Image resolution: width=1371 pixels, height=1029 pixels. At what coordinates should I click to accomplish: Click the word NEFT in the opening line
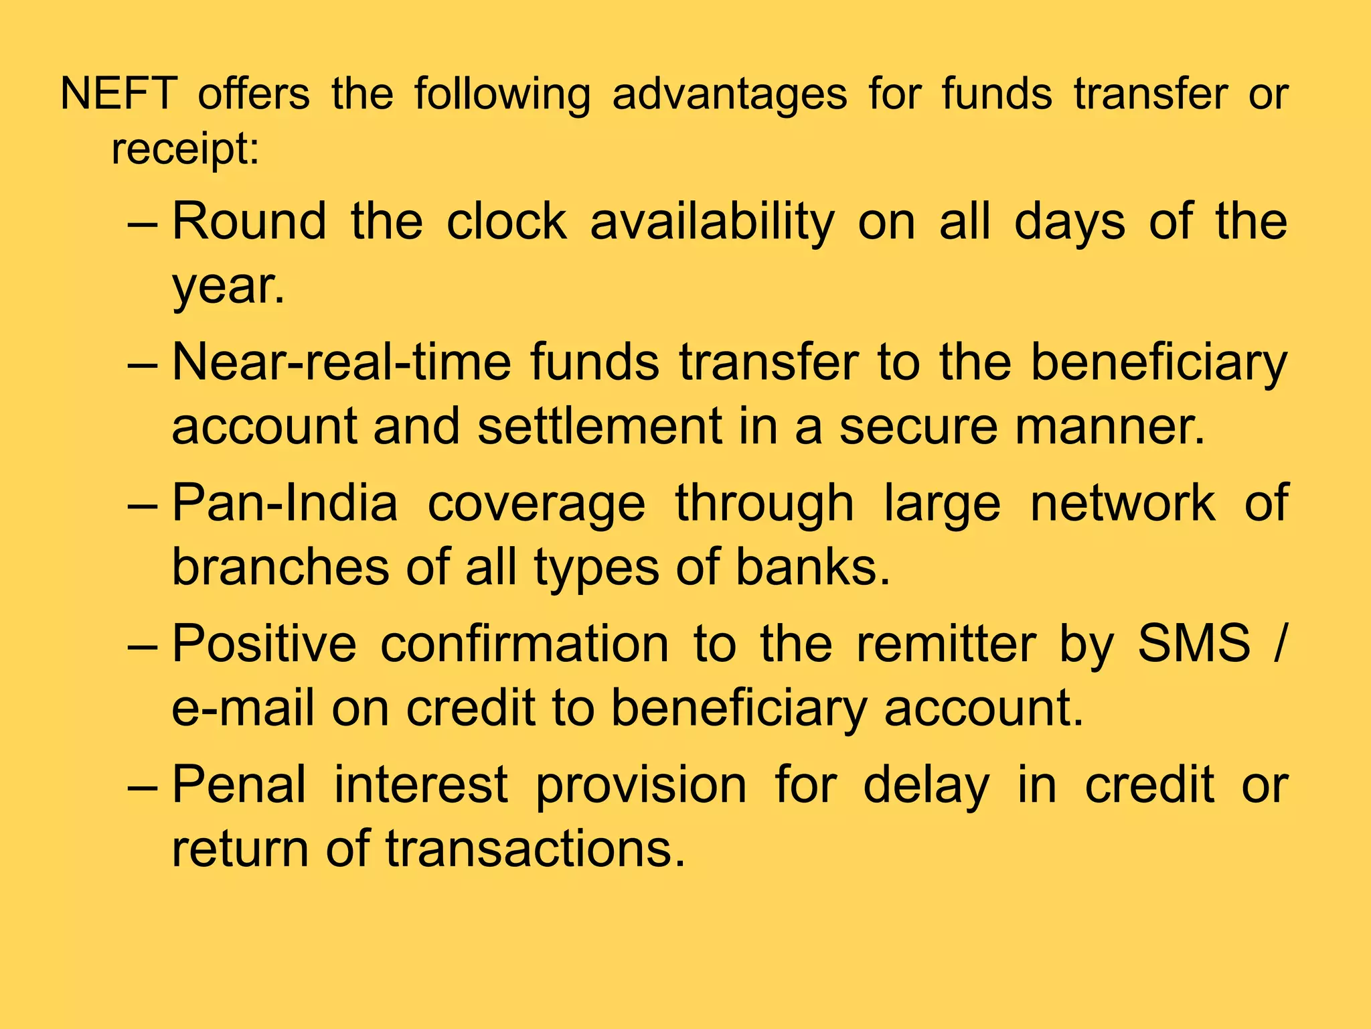pos(118,94)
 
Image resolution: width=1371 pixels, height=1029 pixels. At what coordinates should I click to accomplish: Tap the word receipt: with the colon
pos(185,150)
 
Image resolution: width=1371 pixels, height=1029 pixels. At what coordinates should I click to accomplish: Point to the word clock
pos(507,221)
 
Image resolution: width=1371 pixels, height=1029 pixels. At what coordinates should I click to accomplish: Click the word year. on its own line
pos(228,287)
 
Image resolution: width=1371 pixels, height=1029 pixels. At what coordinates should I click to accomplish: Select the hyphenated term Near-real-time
pos(341,362)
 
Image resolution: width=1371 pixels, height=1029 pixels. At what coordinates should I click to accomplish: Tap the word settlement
pos(600,426)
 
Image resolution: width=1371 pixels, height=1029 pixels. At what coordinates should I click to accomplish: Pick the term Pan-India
pos(285,503)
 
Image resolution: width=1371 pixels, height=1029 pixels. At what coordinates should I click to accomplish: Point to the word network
pos(1123,503)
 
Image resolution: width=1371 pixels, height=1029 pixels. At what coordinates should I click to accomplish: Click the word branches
pos(280,567)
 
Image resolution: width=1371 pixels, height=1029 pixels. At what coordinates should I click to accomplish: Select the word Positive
pos(264,644)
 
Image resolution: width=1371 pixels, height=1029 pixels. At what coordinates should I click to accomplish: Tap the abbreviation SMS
pos(1194,644)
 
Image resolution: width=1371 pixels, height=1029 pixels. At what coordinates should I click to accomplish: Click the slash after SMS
pos(1279,644)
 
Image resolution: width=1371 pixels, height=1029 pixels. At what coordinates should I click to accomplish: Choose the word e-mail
pos(243,708)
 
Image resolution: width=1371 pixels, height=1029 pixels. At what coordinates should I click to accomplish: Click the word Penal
pos(240,784)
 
